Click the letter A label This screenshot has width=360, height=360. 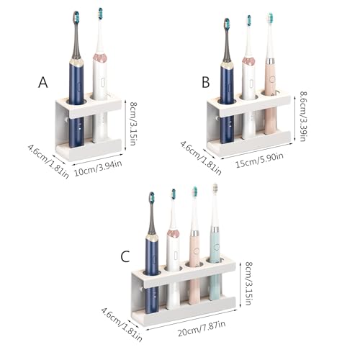43,83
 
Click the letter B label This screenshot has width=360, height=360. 206,82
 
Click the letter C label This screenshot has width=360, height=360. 125,256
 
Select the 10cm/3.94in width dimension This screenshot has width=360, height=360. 98,168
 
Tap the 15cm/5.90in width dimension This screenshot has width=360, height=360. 259,160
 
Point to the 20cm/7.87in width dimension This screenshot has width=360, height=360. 202,328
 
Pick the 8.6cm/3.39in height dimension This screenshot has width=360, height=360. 303,116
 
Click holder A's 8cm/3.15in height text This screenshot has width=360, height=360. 133,123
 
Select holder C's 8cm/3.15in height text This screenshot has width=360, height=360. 248,284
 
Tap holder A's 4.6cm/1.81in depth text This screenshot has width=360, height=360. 49,161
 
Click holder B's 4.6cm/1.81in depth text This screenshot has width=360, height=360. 201,158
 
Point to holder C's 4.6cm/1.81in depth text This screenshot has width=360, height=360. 122,325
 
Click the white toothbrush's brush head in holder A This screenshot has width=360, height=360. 100,14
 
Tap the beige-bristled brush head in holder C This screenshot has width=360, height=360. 215,189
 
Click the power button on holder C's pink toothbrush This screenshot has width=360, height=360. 197,251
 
